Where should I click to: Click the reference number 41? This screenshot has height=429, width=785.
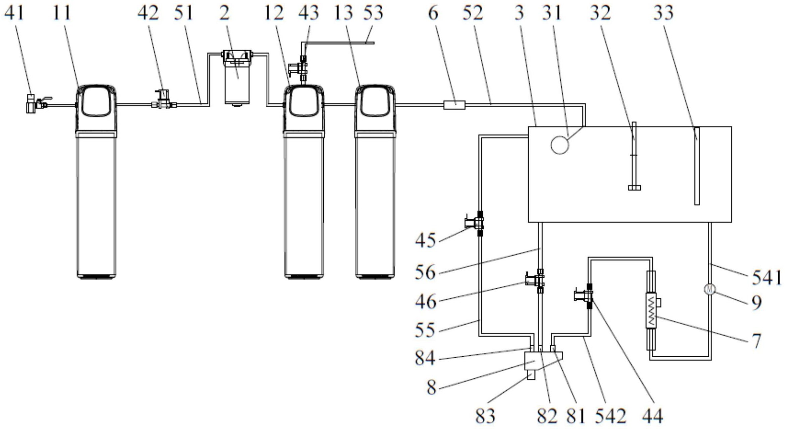click(14, 13)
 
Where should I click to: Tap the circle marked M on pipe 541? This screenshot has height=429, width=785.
click(709, 289)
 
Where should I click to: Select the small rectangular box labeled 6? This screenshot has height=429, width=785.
click(454, 105)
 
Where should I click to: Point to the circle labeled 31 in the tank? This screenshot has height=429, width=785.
click(560, 145)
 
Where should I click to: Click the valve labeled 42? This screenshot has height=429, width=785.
click(163, 99)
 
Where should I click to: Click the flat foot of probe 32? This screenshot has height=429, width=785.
click(634, 188)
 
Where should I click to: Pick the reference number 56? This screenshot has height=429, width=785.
click(425, 272)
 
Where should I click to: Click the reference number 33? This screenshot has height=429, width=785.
click(663, 13)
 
